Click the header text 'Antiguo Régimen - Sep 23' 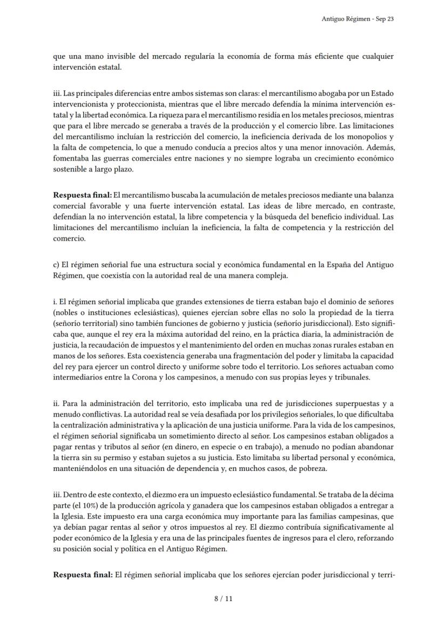[357, 19]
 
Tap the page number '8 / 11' [223, 598]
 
